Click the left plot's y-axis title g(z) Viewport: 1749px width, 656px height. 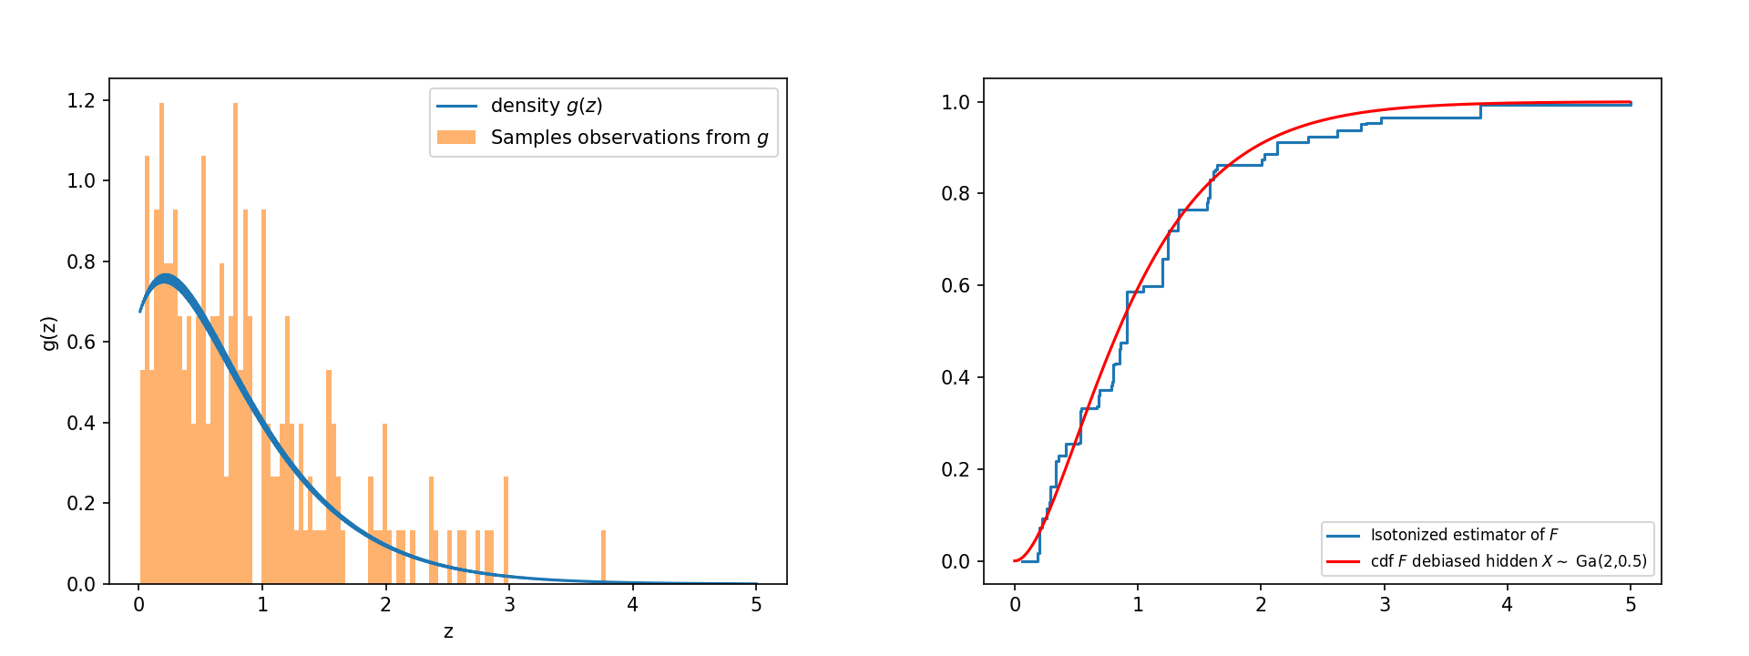49,333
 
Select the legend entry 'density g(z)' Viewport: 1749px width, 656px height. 547,106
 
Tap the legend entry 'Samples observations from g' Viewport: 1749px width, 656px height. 629,138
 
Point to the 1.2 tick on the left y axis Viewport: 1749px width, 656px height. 81,100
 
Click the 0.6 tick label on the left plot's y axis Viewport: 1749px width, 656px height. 81,343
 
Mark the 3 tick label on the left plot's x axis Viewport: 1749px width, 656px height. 509,605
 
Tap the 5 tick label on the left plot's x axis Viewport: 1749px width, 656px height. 756,605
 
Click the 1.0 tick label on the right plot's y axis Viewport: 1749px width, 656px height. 956,102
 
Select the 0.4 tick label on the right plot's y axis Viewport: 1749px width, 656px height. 956,377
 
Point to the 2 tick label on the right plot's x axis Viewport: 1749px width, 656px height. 1261,605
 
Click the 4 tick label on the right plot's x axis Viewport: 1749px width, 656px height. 1508,605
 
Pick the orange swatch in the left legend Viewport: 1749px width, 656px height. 456,138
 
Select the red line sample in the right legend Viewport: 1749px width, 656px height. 1343,561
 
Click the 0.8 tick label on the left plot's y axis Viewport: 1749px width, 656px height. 81,261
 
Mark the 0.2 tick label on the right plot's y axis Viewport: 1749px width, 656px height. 956,469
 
